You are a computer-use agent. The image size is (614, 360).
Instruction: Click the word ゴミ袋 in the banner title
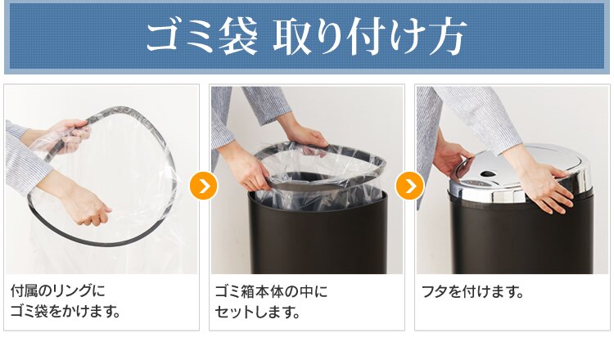click(201, 38)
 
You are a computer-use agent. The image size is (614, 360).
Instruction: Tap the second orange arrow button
click(409, 187)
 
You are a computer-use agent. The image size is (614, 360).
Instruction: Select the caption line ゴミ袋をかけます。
click(65, 312)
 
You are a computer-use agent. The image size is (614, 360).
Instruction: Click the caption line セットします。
click(257, 312)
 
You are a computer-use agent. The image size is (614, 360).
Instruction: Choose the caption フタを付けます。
click(472, 291)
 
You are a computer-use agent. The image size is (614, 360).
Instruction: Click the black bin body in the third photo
click(516, 237)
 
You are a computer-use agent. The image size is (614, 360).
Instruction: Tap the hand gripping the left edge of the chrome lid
click(449, 160)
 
